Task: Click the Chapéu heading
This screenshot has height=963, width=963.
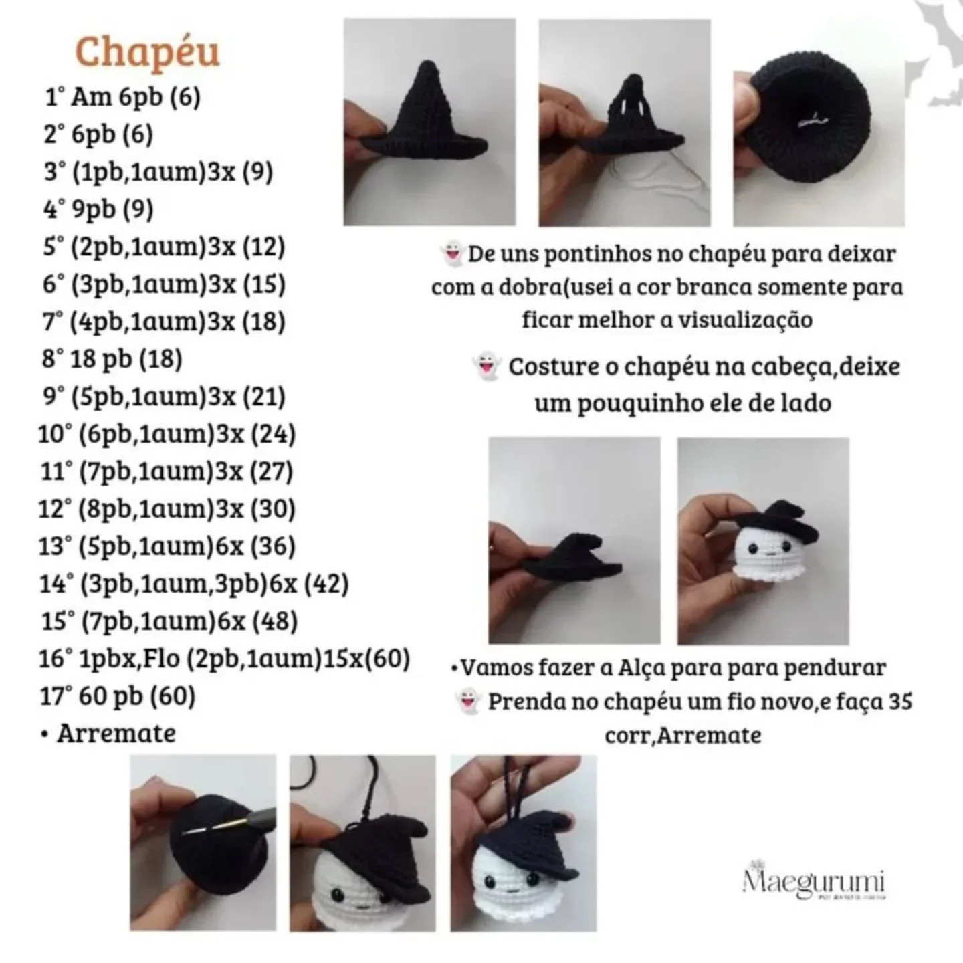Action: [x=147, y=52]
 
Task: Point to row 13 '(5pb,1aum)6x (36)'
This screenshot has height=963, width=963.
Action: [x=167, y=546]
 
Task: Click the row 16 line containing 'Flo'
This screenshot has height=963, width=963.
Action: [x=224, y=659]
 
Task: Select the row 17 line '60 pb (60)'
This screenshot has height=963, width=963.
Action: [x=118, y=696]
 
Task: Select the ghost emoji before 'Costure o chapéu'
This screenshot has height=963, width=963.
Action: [x=486, y=366]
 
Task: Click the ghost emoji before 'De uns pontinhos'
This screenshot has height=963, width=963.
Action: [x=452, y=255]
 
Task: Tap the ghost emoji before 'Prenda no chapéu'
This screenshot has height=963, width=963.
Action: [x=467, y=702]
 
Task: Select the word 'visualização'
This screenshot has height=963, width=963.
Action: [x=745, y=320]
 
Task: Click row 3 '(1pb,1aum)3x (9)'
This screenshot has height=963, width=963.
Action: [x=158, y=173]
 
